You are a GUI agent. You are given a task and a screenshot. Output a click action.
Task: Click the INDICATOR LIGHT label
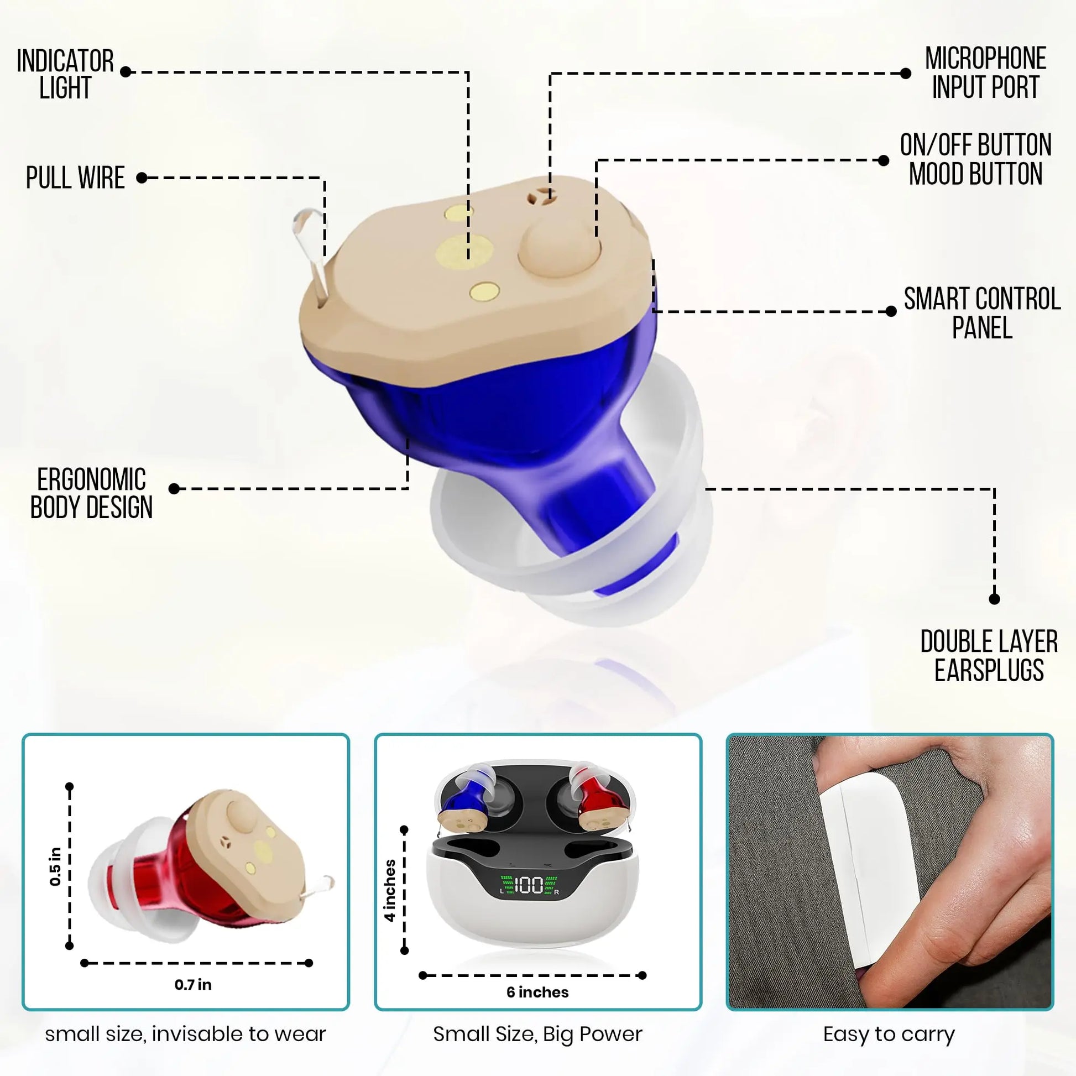[65, 74]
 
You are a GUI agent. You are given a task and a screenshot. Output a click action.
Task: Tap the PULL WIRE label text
[75, 177]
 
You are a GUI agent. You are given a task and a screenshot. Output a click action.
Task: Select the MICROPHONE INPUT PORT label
[985, 73]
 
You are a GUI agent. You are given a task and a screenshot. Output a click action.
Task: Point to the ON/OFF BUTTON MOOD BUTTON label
[976, 159]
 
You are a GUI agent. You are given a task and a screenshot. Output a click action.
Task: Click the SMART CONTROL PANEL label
[982, 313]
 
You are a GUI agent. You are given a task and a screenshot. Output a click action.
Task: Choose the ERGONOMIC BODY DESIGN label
[91, 493]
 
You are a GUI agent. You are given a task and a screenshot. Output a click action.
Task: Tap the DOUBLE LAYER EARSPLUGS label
[989, 656]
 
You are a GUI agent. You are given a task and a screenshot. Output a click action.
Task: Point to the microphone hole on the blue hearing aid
[537, 197]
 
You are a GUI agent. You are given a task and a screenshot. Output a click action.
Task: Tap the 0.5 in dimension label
[55, 866]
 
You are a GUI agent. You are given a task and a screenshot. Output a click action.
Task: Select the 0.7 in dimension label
[193, 985]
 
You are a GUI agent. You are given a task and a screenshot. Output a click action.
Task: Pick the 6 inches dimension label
[537, 992]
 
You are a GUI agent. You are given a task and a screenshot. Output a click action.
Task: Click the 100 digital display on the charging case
[528, 885]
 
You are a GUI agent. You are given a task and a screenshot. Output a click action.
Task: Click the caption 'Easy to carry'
[889, 1034]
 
